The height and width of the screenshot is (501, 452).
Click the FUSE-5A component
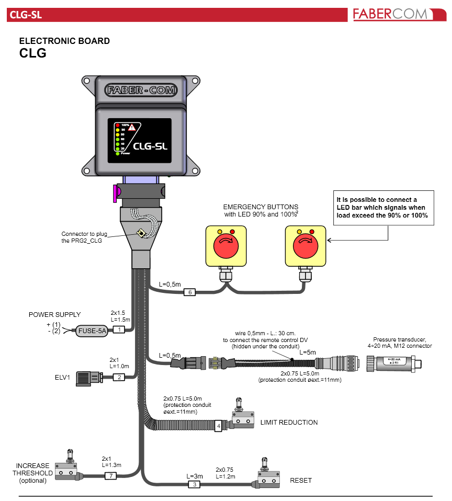tap(92, 331)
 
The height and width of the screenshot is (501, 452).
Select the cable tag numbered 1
tap(119, 330)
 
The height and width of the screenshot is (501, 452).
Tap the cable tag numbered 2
tap(119, 377)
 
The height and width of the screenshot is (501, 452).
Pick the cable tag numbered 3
tap(194, 485)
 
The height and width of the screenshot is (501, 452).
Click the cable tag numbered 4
tap(219, 426)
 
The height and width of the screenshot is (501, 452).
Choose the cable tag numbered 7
tap(110, 476)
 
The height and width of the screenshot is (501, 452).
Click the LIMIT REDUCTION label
tap(289, 422)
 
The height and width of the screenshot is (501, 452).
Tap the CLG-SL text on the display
tap(150, 146)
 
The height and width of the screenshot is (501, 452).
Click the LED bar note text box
tap(383, 208)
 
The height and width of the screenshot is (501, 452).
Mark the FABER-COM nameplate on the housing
tap(141, 89)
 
